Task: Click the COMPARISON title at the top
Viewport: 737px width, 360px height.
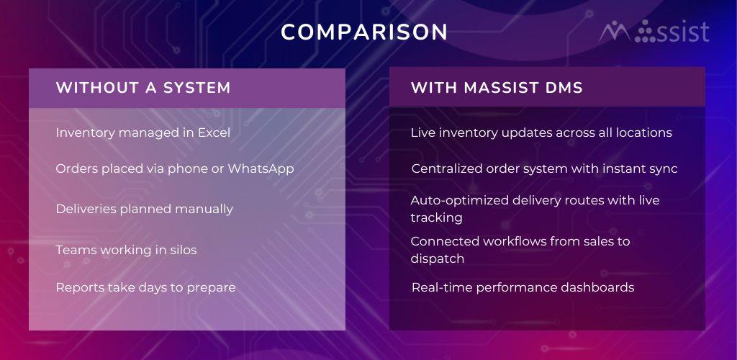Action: pyautogui.click(x=363, y=32)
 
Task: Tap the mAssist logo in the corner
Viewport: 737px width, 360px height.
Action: pyautogui.click(x=654, y=32)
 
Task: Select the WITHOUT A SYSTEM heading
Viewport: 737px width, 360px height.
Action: pyautogui.click(x=143, y=88)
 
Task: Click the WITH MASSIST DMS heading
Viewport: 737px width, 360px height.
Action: pyautogui.click(x=497, y=88)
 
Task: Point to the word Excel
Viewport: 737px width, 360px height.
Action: pyautogui.click(x=214, y=132)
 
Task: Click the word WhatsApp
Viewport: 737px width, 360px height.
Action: pyautogui.click(x=261, y=168)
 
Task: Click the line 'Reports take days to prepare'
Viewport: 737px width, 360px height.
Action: pyautogui.click(x=145, y=287)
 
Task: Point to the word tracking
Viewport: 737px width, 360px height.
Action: pyautogui.click(x=437, y=218)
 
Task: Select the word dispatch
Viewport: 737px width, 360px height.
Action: pyautogui.click(x=437, y=259)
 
